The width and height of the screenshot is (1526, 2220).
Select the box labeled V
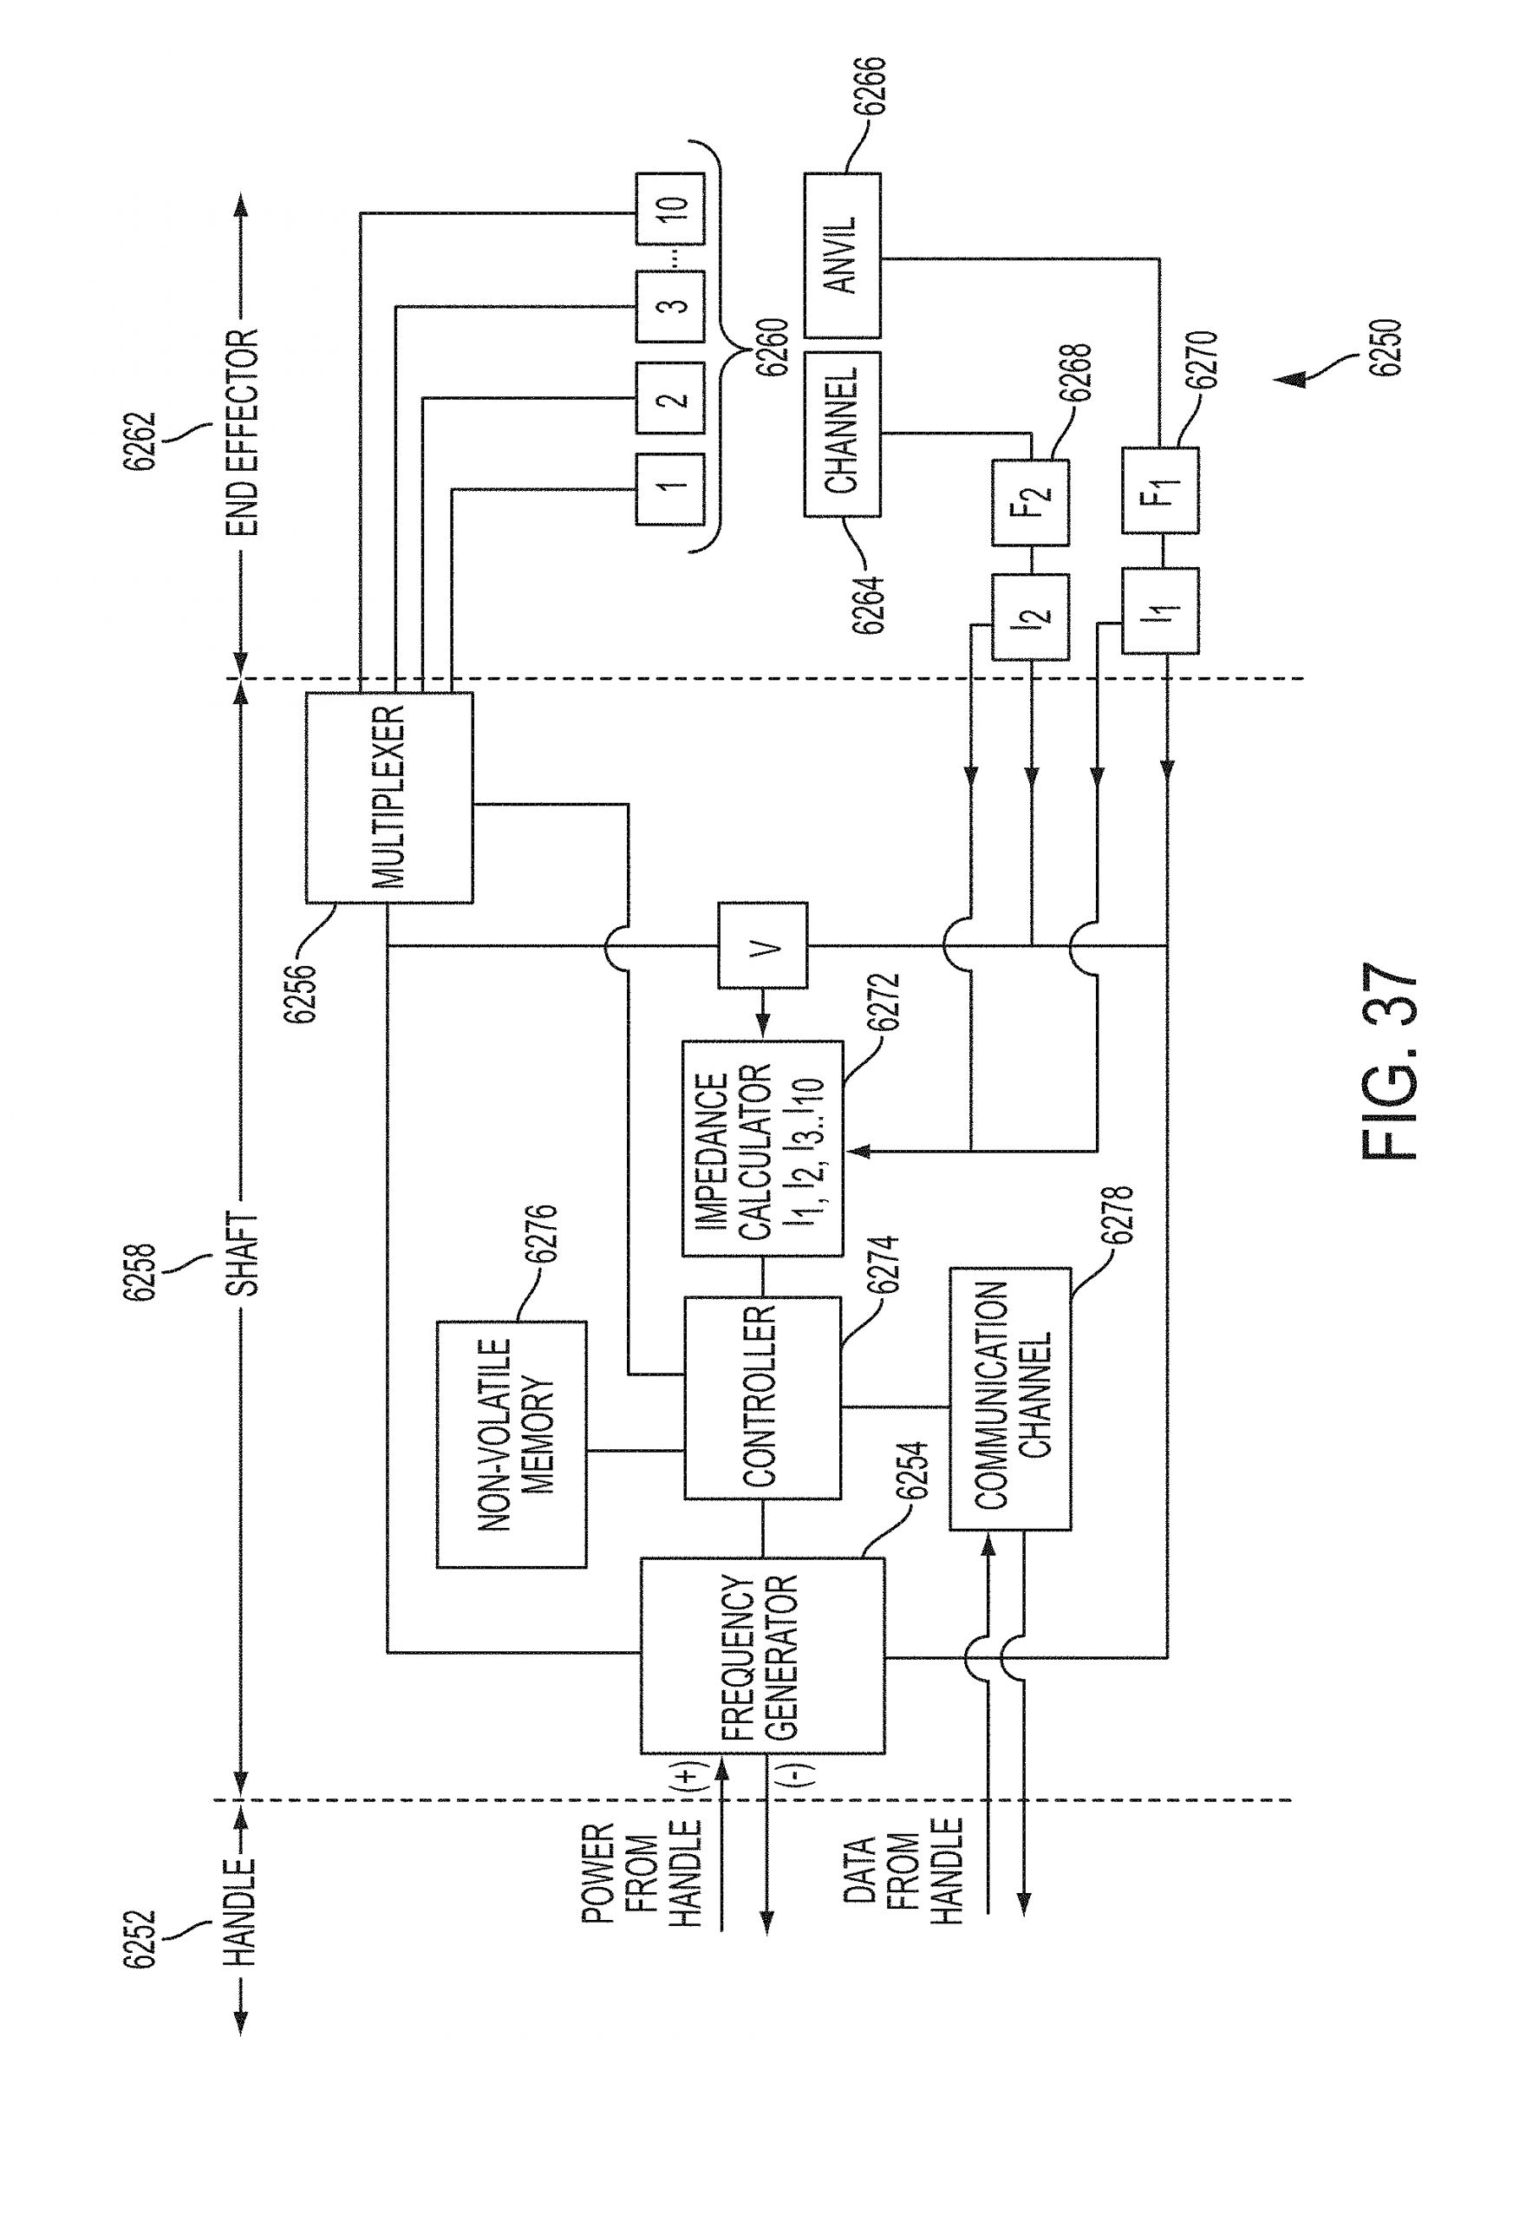pos(762,944)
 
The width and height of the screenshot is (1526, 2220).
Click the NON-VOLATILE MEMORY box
pos(512,1444)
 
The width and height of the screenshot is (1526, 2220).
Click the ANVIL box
pos(843,255)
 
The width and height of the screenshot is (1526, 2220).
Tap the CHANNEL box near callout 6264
pos(843,435)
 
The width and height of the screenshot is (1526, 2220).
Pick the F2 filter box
pos(1031,502)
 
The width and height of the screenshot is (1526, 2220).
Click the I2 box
pos(1031,617)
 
